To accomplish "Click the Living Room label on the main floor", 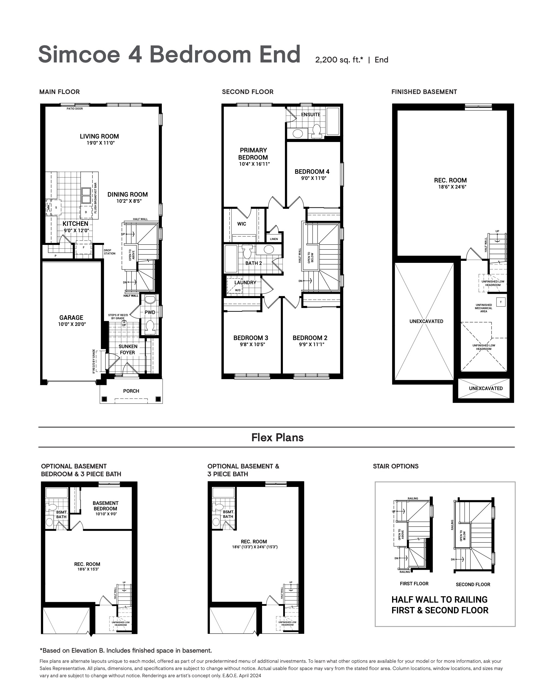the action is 99,136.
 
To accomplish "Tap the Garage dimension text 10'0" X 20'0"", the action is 72,324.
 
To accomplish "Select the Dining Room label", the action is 128,195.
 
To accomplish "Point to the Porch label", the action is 131,391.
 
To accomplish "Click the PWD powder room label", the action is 150,312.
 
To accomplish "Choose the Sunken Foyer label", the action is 128,350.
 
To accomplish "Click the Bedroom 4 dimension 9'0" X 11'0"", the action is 314,178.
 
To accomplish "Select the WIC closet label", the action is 242,224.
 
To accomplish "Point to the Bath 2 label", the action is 254,263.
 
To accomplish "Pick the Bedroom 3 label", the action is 251,338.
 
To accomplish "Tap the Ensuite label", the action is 311,115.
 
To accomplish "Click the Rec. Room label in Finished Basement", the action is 450,180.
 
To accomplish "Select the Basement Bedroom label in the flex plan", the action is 105,506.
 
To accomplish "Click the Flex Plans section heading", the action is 277,438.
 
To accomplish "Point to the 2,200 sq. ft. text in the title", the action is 339,60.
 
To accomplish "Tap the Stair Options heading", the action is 396,466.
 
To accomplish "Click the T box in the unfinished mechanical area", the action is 501,302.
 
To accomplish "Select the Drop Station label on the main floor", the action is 110,252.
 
